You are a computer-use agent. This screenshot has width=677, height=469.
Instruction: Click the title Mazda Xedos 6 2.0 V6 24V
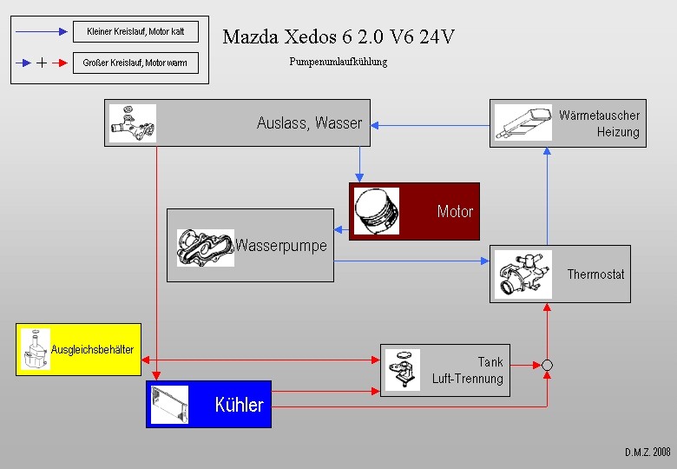tap(338, 36)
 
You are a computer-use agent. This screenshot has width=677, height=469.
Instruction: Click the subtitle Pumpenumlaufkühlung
tap(338, 63)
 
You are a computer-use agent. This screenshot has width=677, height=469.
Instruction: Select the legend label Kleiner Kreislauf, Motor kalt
tap(135, 32)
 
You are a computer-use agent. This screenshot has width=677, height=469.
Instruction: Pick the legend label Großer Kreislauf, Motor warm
tap(135, 63)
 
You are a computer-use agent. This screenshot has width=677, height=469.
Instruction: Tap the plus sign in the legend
tap(43, 63)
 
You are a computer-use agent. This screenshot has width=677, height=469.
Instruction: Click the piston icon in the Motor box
tap(377, 211)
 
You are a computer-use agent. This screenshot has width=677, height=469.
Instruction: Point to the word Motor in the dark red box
tap(455, 211)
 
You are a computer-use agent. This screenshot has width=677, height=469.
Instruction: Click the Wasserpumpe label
tap(281, 246)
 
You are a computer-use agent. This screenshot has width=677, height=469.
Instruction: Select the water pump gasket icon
tap(205, 247)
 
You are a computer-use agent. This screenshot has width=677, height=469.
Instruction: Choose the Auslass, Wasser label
tap(309, 123)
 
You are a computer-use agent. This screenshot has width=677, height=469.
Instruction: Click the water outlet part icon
tap(133, 123)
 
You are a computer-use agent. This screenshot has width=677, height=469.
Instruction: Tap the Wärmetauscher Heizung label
tap(599, 123)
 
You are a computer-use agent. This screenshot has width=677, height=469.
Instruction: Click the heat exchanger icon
tap(523, 122)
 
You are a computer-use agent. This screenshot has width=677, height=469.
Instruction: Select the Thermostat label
tap(595, 274)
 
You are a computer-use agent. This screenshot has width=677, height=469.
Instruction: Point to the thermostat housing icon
tap(523, 274)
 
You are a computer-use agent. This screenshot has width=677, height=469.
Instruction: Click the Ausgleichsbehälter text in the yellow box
tap(92, 350)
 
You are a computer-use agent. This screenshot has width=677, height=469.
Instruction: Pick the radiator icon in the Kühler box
tap(169, 405)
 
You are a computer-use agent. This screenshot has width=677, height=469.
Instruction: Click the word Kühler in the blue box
tap(239, 405)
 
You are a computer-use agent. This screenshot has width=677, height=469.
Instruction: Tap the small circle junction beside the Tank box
tap(547, 365)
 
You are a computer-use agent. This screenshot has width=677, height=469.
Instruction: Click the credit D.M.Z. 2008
tap(647, 452)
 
